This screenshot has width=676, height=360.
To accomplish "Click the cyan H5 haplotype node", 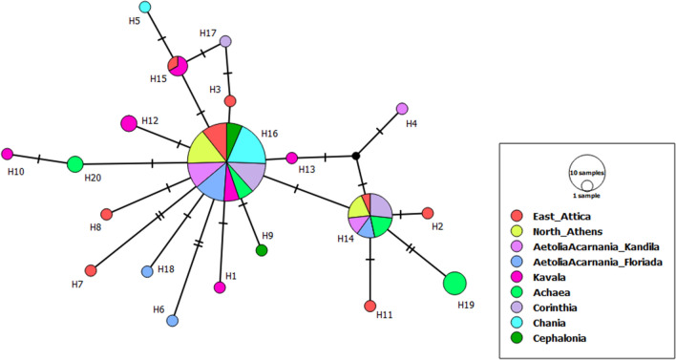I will coord(144,8).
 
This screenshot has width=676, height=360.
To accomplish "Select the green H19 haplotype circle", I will coord(455,284).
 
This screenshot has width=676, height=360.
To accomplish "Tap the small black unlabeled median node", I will coord(355,156).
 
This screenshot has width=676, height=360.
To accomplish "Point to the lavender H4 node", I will coord(402,108).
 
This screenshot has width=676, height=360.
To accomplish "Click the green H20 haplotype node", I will coord(75,164).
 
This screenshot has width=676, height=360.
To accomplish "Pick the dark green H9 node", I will coord(262,250).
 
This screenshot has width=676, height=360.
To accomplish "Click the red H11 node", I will coord(370,306).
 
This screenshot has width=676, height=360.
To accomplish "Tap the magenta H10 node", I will coord(8,154).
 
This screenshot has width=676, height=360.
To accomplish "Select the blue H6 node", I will coord(173,321).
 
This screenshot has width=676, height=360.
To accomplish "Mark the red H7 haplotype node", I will coord(91,270).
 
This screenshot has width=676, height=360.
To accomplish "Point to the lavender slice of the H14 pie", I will coord(380,205).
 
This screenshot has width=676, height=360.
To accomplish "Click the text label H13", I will coord(306,170).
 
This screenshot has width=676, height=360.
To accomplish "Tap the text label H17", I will coord(208,33).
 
